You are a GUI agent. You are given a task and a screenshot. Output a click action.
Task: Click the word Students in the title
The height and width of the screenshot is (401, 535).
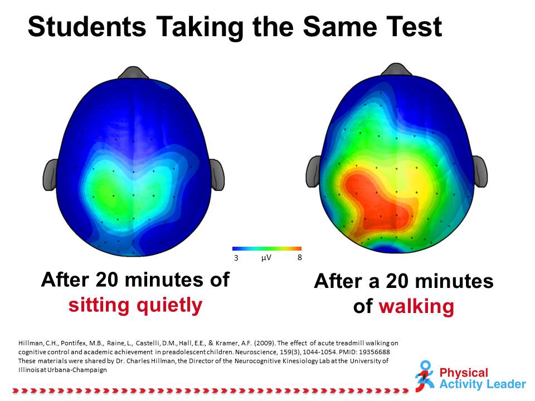(x=87, y=27)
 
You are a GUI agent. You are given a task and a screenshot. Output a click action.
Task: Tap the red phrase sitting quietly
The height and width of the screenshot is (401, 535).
(x=135, y=305)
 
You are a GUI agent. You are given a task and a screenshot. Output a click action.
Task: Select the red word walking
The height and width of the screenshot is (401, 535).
(x=416, y=306)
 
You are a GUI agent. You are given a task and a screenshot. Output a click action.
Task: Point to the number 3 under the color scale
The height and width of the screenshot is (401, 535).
(x=236, y=258)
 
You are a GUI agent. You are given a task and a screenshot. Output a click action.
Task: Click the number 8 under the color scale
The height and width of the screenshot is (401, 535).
(x=300, y=257)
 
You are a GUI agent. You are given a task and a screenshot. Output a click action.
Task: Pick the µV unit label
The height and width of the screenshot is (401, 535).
(x=266, y=257)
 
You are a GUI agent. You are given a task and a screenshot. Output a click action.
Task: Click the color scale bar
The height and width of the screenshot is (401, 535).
(x=267, y=248)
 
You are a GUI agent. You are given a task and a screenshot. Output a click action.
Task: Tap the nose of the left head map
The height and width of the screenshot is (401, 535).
(x=133, y=72)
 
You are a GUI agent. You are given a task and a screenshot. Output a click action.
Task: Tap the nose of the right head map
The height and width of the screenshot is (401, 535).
(x=396, y=69)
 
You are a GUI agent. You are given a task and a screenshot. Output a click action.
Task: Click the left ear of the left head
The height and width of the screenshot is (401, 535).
(x=51, y=174)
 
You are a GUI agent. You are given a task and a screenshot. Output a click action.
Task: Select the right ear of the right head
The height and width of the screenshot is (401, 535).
(x=479, y=171)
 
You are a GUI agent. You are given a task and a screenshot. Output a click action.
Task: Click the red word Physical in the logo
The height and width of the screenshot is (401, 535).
(x=464, y=373)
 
